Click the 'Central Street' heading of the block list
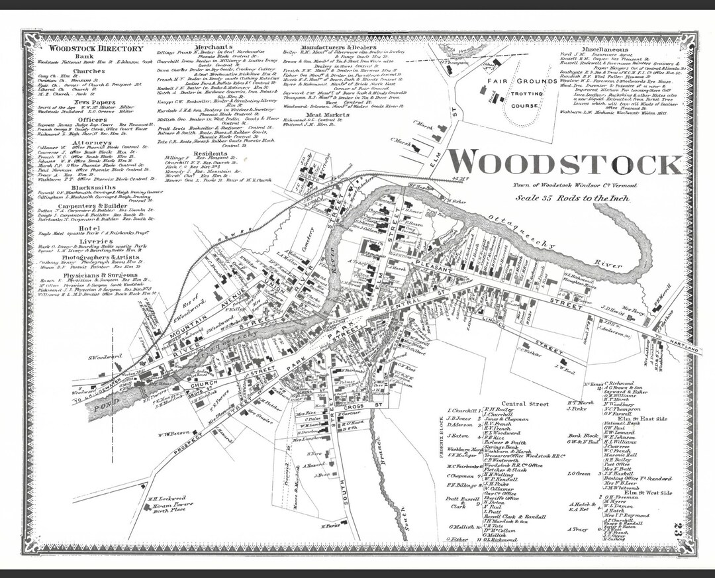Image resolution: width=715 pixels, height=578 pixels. [x=525, y=403]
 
